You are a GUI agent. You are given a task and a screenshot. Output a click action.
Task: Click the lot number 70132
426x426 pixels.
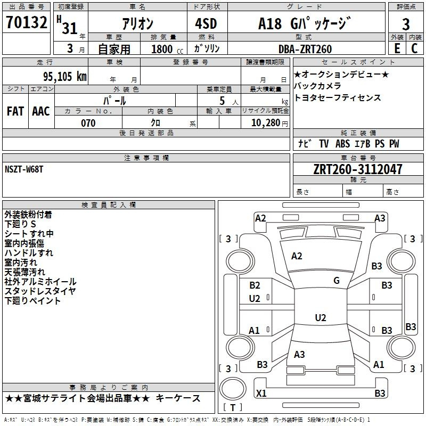pos(26,22)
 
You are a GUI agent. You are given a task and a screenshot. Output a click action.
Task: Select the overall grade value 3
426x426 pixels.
pos(406,24)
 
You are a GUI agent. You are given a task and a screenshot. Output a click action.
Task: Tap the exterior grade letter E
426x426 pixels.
pos(397,48)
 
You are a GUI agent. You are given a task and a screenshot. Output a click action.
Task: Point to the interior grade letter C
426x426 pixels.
pos(414,48)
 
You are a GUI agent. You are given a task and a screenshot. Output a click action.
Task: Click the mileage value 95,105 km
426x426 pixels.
pos(64,77)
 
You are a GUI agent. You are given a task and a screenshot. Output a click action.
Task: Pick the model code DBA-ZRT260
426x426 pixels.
pos(305,49)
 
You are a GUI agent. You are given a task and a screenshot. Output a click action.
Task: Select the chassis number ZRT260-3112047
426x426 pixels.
pos(357,169)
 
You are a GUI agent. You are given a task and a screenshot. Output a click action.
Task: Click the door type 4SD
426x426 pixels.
pos(206,23)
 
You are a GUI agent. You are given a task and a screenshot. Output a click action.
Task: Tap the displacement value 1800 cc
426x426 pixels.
pos(167,49)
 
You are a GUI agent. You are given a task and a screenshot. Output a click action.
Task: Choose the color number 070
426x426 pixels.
pos(88,123)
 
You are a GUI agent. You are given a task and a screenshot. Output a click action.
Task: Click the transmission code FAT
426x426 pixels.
pos(15,111)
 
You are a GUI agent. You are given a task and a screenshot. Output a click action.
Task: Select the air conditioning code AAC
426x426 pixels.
pos(41,111)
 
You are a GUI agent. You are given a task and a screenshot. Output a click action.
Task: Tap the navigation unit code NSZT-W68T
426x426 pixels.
pos(24,169)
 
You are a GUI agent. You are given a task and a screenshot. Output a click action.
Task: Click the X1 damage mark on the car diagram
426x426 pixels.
pos(261,393)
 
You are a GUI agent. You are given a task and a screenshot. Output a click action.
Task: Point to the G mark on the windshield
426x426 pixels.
pos(337,281)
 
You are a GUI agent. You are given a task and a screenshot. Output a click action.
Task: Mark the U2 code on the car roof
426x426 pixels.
pos(321,317)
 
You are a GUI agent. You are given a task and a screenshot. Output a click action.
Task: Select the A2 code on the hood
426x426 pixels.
pos(297,256)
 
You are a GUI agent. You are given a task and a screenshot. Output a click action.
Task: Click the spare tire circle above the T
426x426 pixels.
pos(233,389)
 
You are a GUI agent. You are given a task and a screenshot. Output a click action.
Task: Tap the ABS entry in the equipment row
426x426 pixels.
pos(342,144)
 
